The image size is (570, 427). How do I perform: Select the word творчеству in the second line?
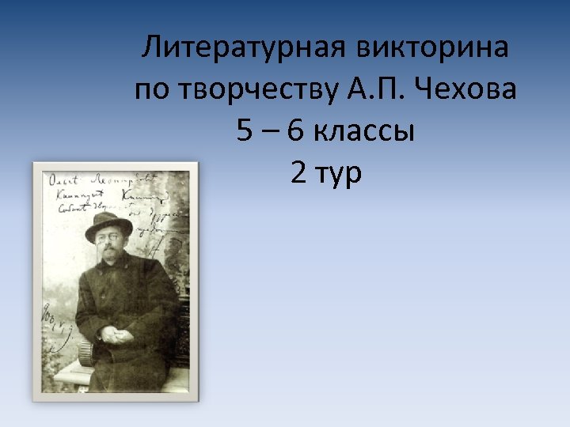point(261,90)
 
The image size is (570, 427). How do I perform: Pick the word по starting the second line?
point(152,90)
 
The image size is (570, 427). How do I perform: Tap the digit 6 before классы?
point(296,131)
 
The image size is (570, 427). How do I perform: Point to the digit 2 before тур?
point(299,172)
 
